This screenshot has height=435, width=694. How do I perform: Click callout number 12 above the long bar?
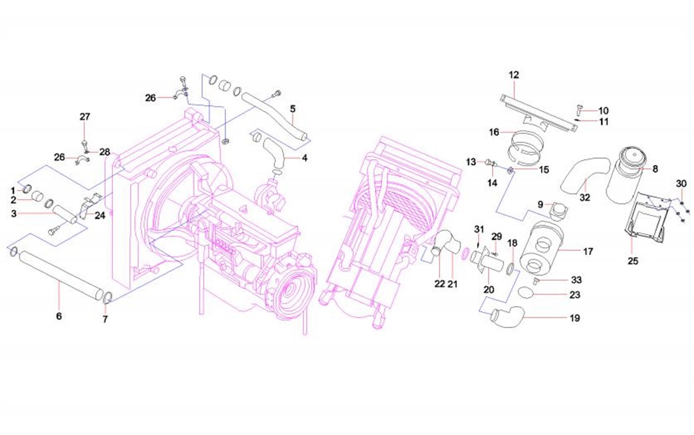(514, 74)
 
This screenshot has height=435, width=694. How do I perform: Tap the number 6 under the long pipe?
(58, 316)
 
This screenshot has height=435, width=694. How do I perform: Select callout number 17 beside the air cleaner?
(588, 252)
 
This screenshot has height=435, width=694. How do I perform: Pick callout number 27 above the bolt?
(85, 117)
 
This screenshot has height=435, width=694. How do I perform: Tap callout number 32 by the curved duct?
(584, 197)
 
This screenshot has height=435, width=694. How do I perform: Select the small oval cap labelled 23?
(525, 293)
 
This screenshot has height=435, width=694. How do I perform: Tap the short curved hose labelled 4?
(273, 151)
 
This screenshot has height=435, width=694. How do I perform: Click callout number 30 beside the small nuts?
(681, 183)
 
